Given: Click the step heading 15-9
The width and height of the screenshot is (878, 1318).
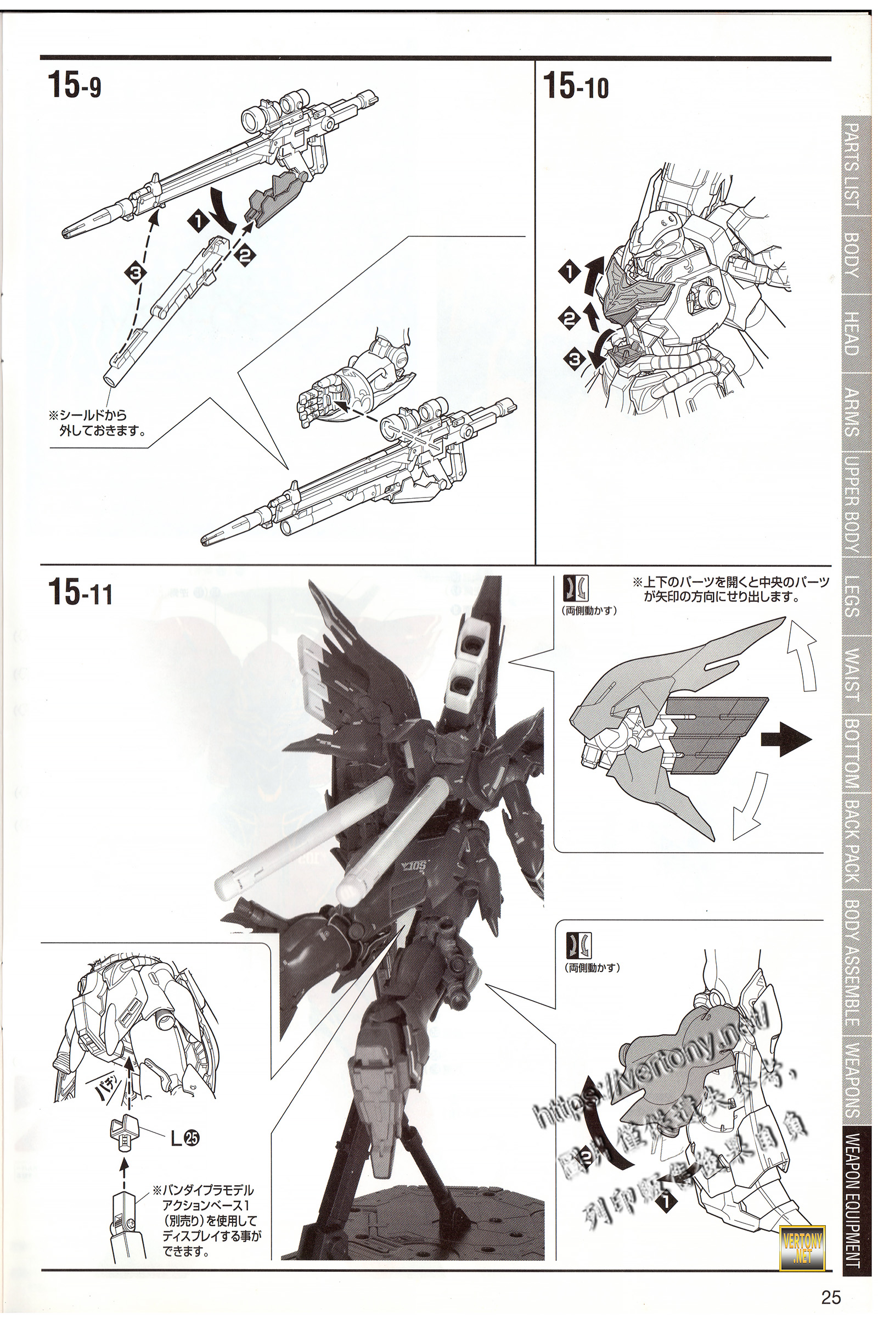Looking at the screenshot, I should [x=75, y=86].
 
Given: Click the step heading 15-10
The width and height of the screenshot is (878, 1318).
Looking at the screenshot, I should [x=576, y=86].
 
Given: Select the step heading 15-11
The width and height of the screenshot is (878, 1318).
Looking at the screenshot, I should [x=80, y=592].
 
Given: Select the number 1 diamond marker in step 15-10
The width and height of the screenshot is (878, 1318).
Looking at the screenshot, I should [x=570, y=272].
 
